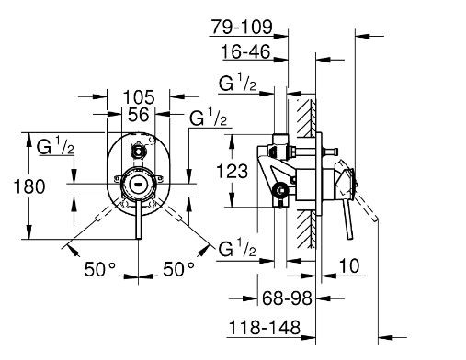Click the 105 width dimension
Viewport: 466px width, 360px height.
coord(139,97)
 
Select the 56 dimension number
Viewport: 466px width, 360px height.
coord(139,115)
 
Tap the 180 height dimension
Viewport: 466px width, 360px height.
coord(29,186)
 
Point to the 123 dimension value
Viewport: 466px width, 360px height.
coord(232,171)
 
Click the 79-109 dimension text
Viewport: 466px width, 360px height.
coord(242,27)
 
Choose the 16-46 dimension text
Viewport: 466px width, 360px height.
coord(246,51)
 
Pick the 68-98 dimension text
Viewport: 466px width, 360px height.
coord(287,298)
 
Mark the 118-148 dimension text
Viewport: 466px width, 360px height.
coord(265,328)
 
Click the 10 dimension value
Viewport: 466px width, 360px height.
coord(349,265)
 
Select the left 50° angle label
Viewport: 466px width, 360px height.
coord(100,269)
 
